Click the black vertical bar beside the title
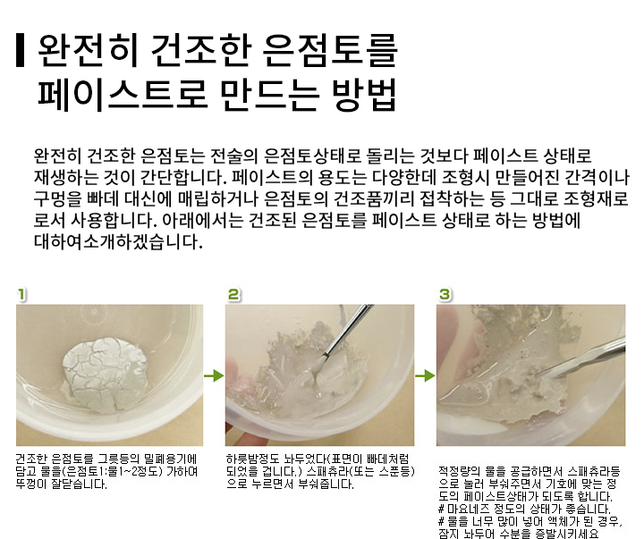(20, 50)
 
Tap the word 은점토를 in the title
(330, 50)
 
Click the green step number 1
(21, 295)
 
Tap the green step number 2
(233, 295)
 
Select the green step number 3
(445, 295)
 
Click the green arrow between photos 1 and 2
(214, 375)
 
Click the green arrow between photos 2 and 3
(425, 375)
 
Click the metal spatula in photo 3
(579, 357)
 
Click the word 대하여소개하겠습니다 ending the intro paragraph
(118, 241)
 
